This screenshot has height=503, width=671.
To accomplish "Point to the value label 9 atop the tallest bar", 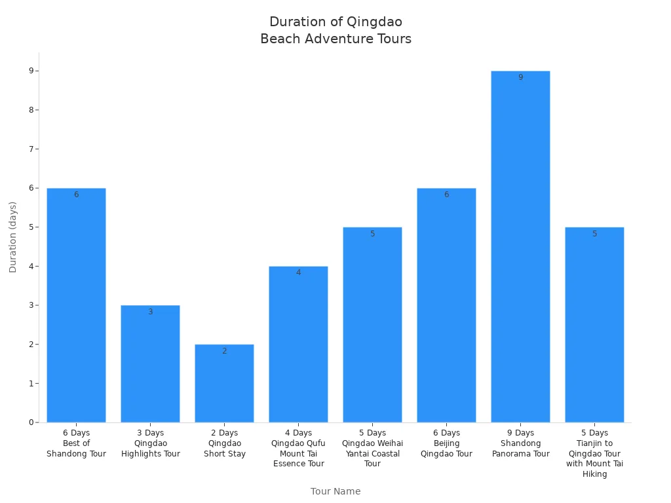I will (520, 77).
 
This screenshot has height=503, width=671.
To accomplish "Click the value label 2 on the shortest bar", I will (224, 351).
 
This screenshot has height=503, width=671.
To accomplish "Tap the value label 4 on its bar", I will (298, 272).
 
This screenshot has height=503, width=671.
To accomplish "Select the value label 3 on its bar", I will (150, 312).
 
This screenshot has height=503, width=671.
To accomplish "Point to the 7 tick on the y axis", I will (31, 149).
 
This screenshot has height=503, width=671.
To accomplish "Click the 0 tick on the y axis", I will (31, 422).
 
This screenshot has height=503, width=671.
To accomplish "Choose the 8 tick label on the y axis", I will (31, 110).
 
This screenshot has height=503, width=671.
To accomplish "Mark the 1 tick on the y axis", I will (31, 383).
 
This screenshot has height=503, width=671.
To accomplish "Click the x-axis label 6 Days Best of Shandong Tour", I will (76, 443).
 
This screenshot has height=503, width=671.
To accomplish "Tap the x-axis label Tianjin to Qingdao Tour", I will (594, 453).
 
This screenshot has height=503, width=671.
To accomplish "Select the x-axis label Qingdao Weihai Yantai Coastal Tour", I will (372, 449).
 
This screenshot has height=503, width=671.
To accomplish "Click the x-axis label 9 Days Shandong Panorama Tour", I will (520, 443).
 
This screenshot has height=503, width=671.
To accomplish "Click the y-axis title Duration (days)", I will (13, 237).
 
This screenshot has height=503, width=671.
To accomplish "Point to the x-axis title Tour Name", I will (335, 491).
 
